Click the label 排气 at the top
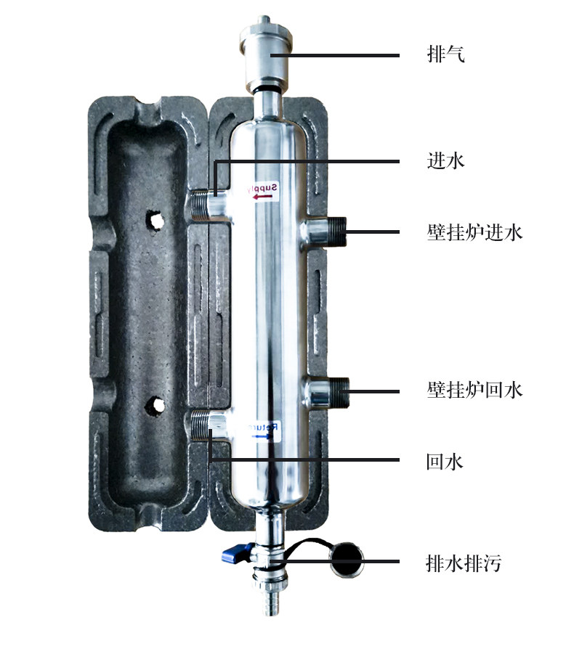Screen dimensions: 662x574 pos(445,55)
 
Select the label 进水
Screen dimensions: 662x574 pos(445,160)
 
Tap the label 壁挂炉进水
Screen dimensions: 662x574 pos(474,232)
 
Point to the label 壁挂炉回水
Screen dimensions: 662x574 pos(474,391)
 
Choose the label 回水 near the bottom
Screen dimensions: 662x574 pos(445,461)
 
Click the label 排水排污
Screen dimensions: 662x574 pos(464,563)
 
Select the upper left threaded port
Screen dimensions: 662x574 pos(206,204)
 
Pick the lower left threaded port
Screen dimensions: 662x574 pos(206,425)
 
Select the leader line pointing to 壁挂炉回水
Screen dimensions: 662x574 pos(374,391)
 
